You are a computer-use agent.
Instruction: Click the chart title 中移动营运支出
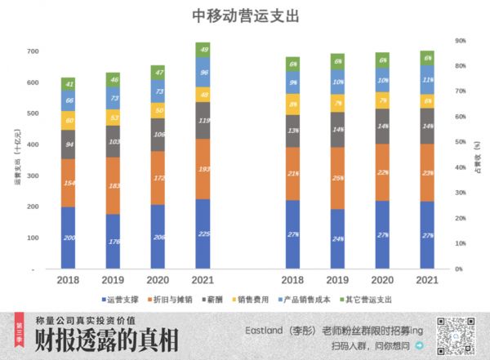(245, 16)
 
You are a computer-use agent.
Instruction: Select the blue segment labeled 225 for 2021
(203, 233)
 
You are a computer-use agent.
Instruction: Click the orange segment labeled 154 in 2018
(69, 183)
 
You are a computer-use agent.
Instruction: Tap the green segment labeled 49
(203, 50)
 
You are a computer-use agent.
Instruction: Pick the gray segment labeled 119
(203, 120)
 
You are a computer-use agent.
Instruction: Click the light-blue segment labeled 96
(203, 72)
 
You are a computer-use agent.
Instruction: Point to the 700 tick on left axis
(33, 51)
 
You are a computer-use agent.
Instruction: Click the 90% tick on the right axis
(461, 40)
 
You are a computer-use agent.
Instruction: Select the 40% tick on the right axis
(461, 167)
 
